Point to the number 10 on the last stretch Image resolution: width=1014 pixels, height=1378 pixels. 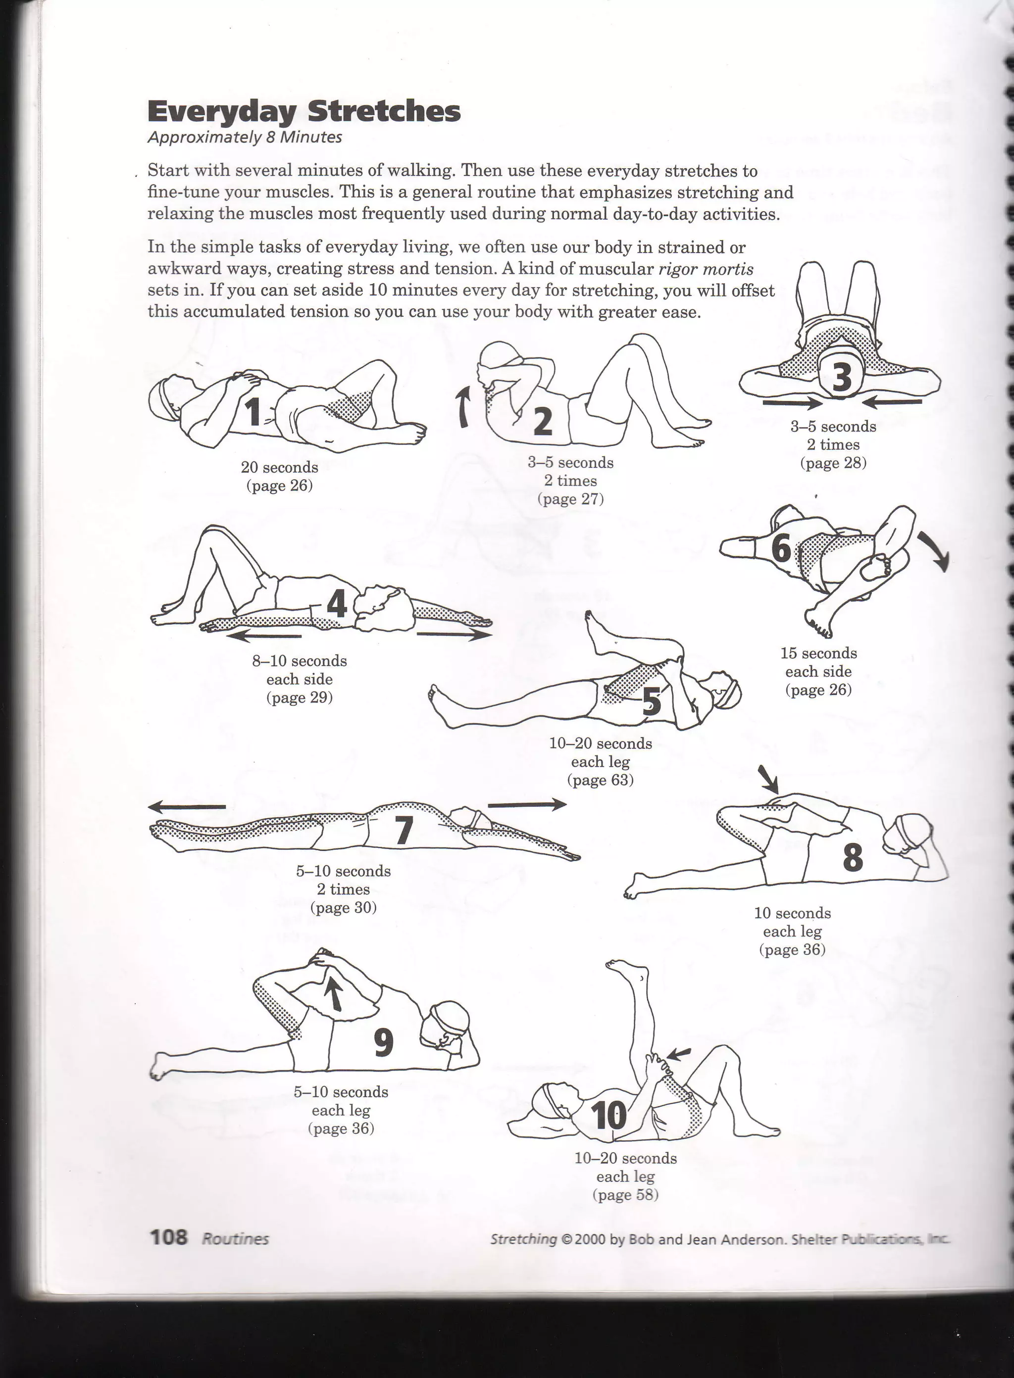[x=609, y=1115]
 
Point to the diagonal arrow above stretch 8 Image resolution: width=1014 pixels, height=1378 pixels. [x=768, y=779]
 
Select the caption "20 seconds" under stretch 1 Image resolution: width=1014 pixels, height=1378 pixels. [x=279, y=468]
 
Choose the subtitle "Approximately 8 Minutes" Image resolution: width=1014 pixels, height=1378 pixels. [x=244, y=138]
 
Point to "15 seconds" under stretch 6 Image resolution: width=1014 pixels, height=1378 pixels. [x=818, y=653]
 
